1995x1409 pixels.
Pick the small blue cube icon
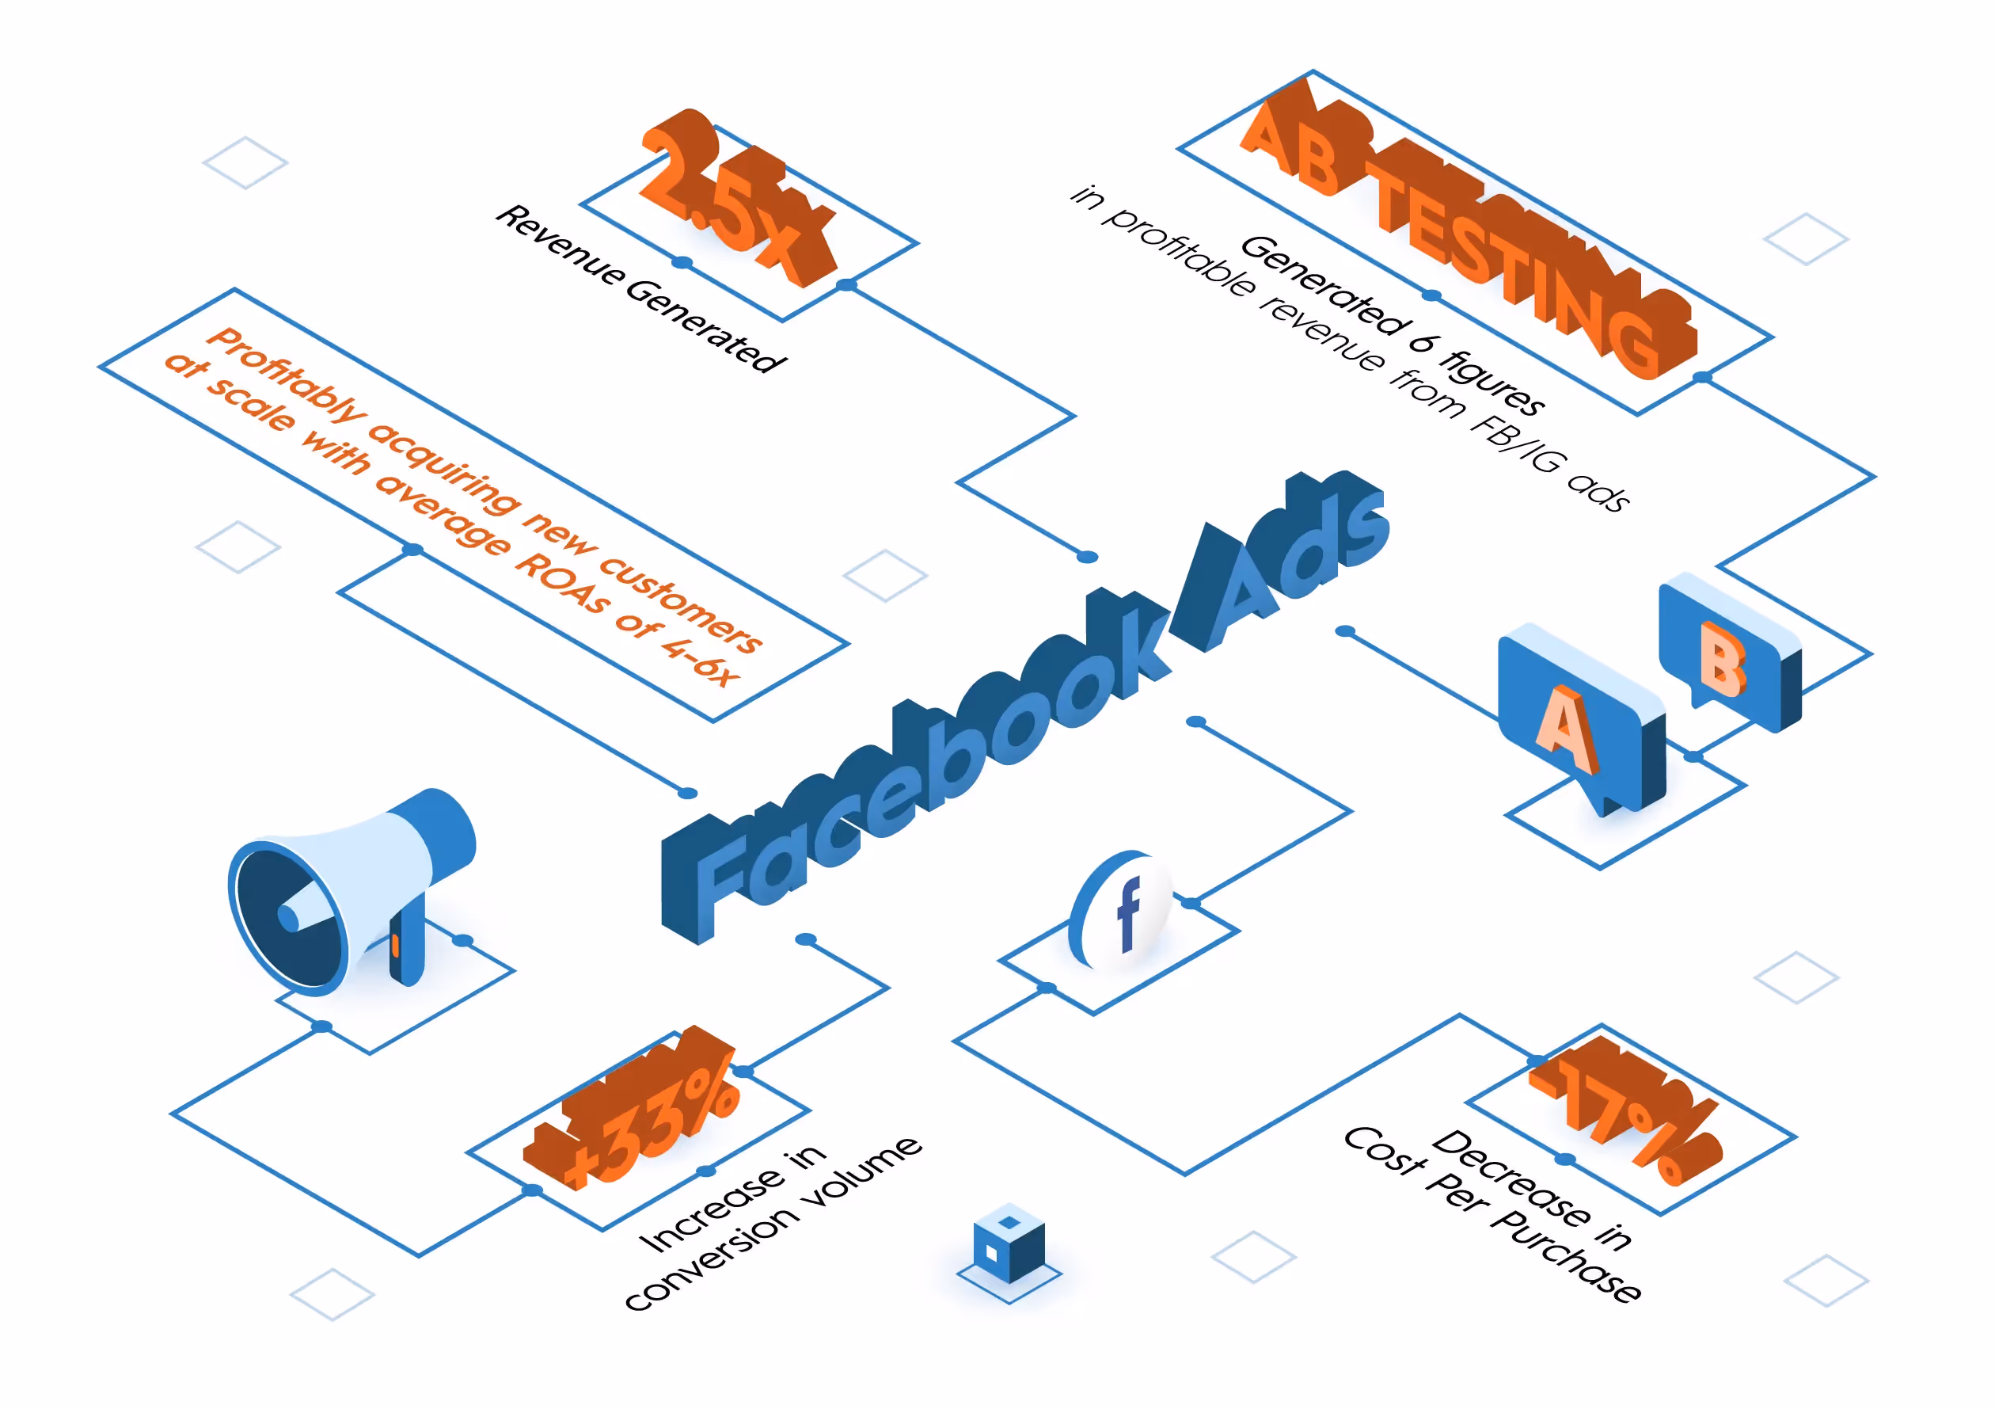(1009, 1243)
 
